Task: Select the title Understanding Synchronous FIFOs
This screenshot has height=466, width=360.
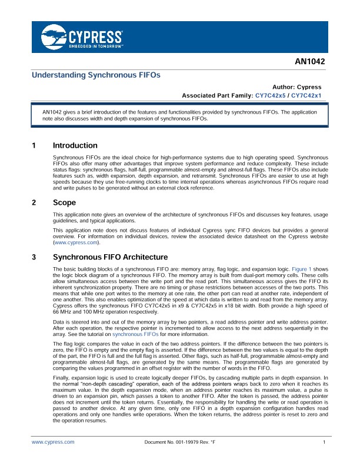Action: click(x=95, y=75)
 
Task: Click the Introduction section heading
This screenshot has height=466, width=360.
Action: click(x=75, y=145)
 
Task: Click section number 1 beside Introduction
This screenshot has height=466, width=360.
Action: click(x=34, y=145)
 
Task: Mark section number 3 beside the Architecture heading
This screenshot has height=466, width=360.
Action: click(x=34, y=257)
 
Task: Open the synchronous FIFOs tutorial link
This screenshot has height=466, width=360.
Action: click(x=144, y=333)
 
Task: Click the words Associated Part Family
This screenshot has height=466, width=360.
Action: click(x=216, y=95)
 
